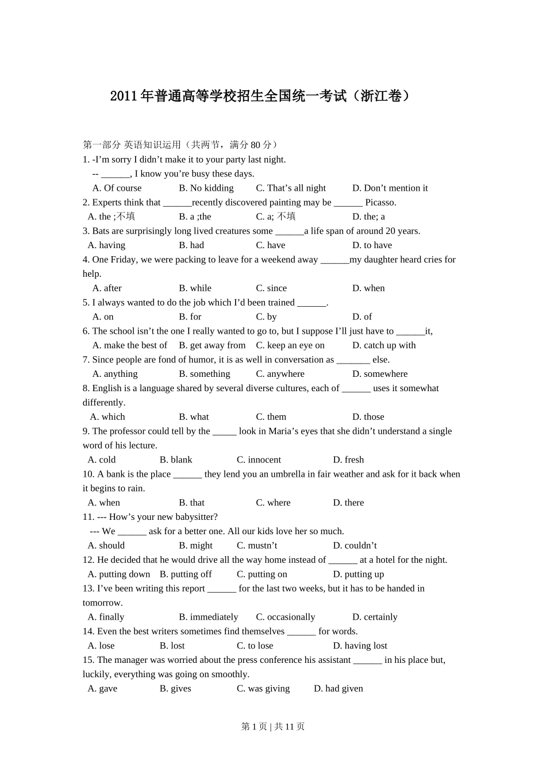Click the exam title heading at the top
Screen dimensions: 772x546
(x=260, y=96)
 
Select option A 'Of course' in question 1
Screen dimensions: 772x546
(x=117, y=188)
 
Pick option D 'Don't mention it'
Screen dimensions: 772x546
(x=390, y=188)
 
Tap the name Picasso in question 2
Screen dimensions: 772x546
(x=380, y=202)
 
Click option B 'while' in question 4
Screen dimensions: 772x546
(x=195, y=288)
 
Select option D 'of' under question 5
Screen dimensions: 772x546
(x=362, y=316)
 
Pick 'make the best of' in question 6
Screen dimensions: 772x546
(x=130, y=345)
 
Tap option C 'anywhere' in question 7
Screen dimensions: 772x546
(x=280, y=374)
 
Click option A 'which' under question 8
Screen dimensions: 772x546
(x=107, y=417)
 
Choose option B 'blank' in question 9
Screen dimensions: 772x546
(x=176, y=460)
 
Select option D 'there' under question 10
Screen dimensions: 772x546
(x=348, y=503)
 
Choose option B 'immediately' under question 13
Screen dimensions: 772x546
(x=208, y=617)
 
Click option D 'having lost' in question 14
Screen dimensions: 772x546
(x=360, y=646)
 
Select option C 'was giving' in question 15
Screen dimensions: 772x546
(x=263, y=689)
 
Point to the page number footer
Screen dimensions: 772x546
(x=273, y=727)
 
